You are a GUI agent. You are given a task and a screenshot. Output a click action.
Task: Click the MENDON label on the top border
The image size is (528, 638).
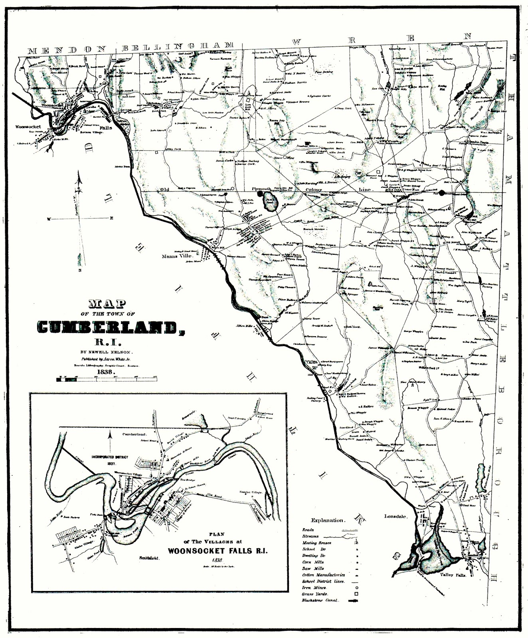pyautogui.click(x=66, y=50)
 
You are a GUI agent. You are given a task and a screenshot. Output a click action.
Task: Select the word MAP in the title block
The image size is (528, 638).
pyautogui.click(x=106, y=304)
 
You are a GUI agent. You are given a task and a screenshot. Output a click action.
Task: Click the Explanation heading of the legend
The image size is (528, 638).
pyautogui.click(x=328, y=520)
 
